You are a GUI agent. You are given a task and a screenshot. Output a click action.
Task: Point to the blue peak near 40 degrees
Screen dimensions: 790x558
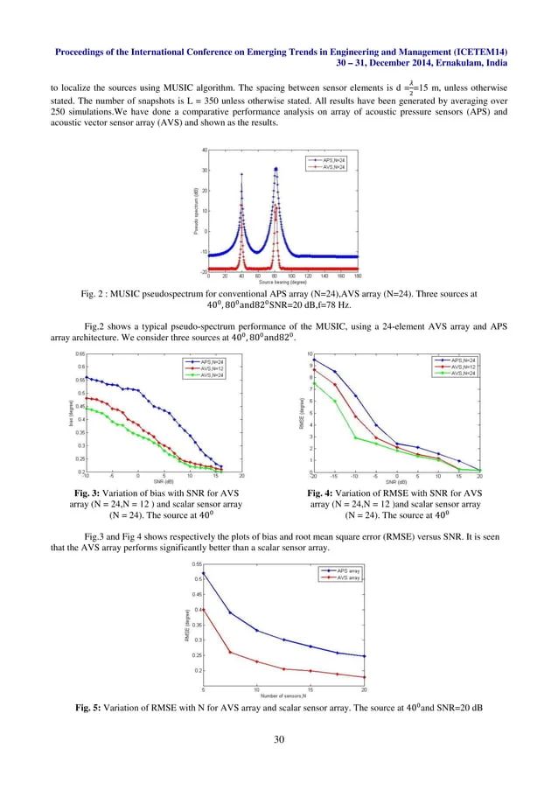click(241, 174)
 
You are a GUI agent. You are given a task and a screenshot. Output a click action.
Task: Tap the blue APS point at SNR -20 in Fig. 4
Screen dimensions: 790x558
click(313, 359)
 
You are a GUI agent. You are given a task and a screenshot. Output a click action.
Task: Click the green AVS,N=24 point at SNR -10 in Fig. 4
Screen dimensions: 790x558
click(355, 437)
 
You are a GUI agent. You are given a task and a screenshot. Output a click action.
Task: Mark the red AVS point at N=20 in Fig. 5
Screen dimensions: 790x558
click(364, 677)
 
